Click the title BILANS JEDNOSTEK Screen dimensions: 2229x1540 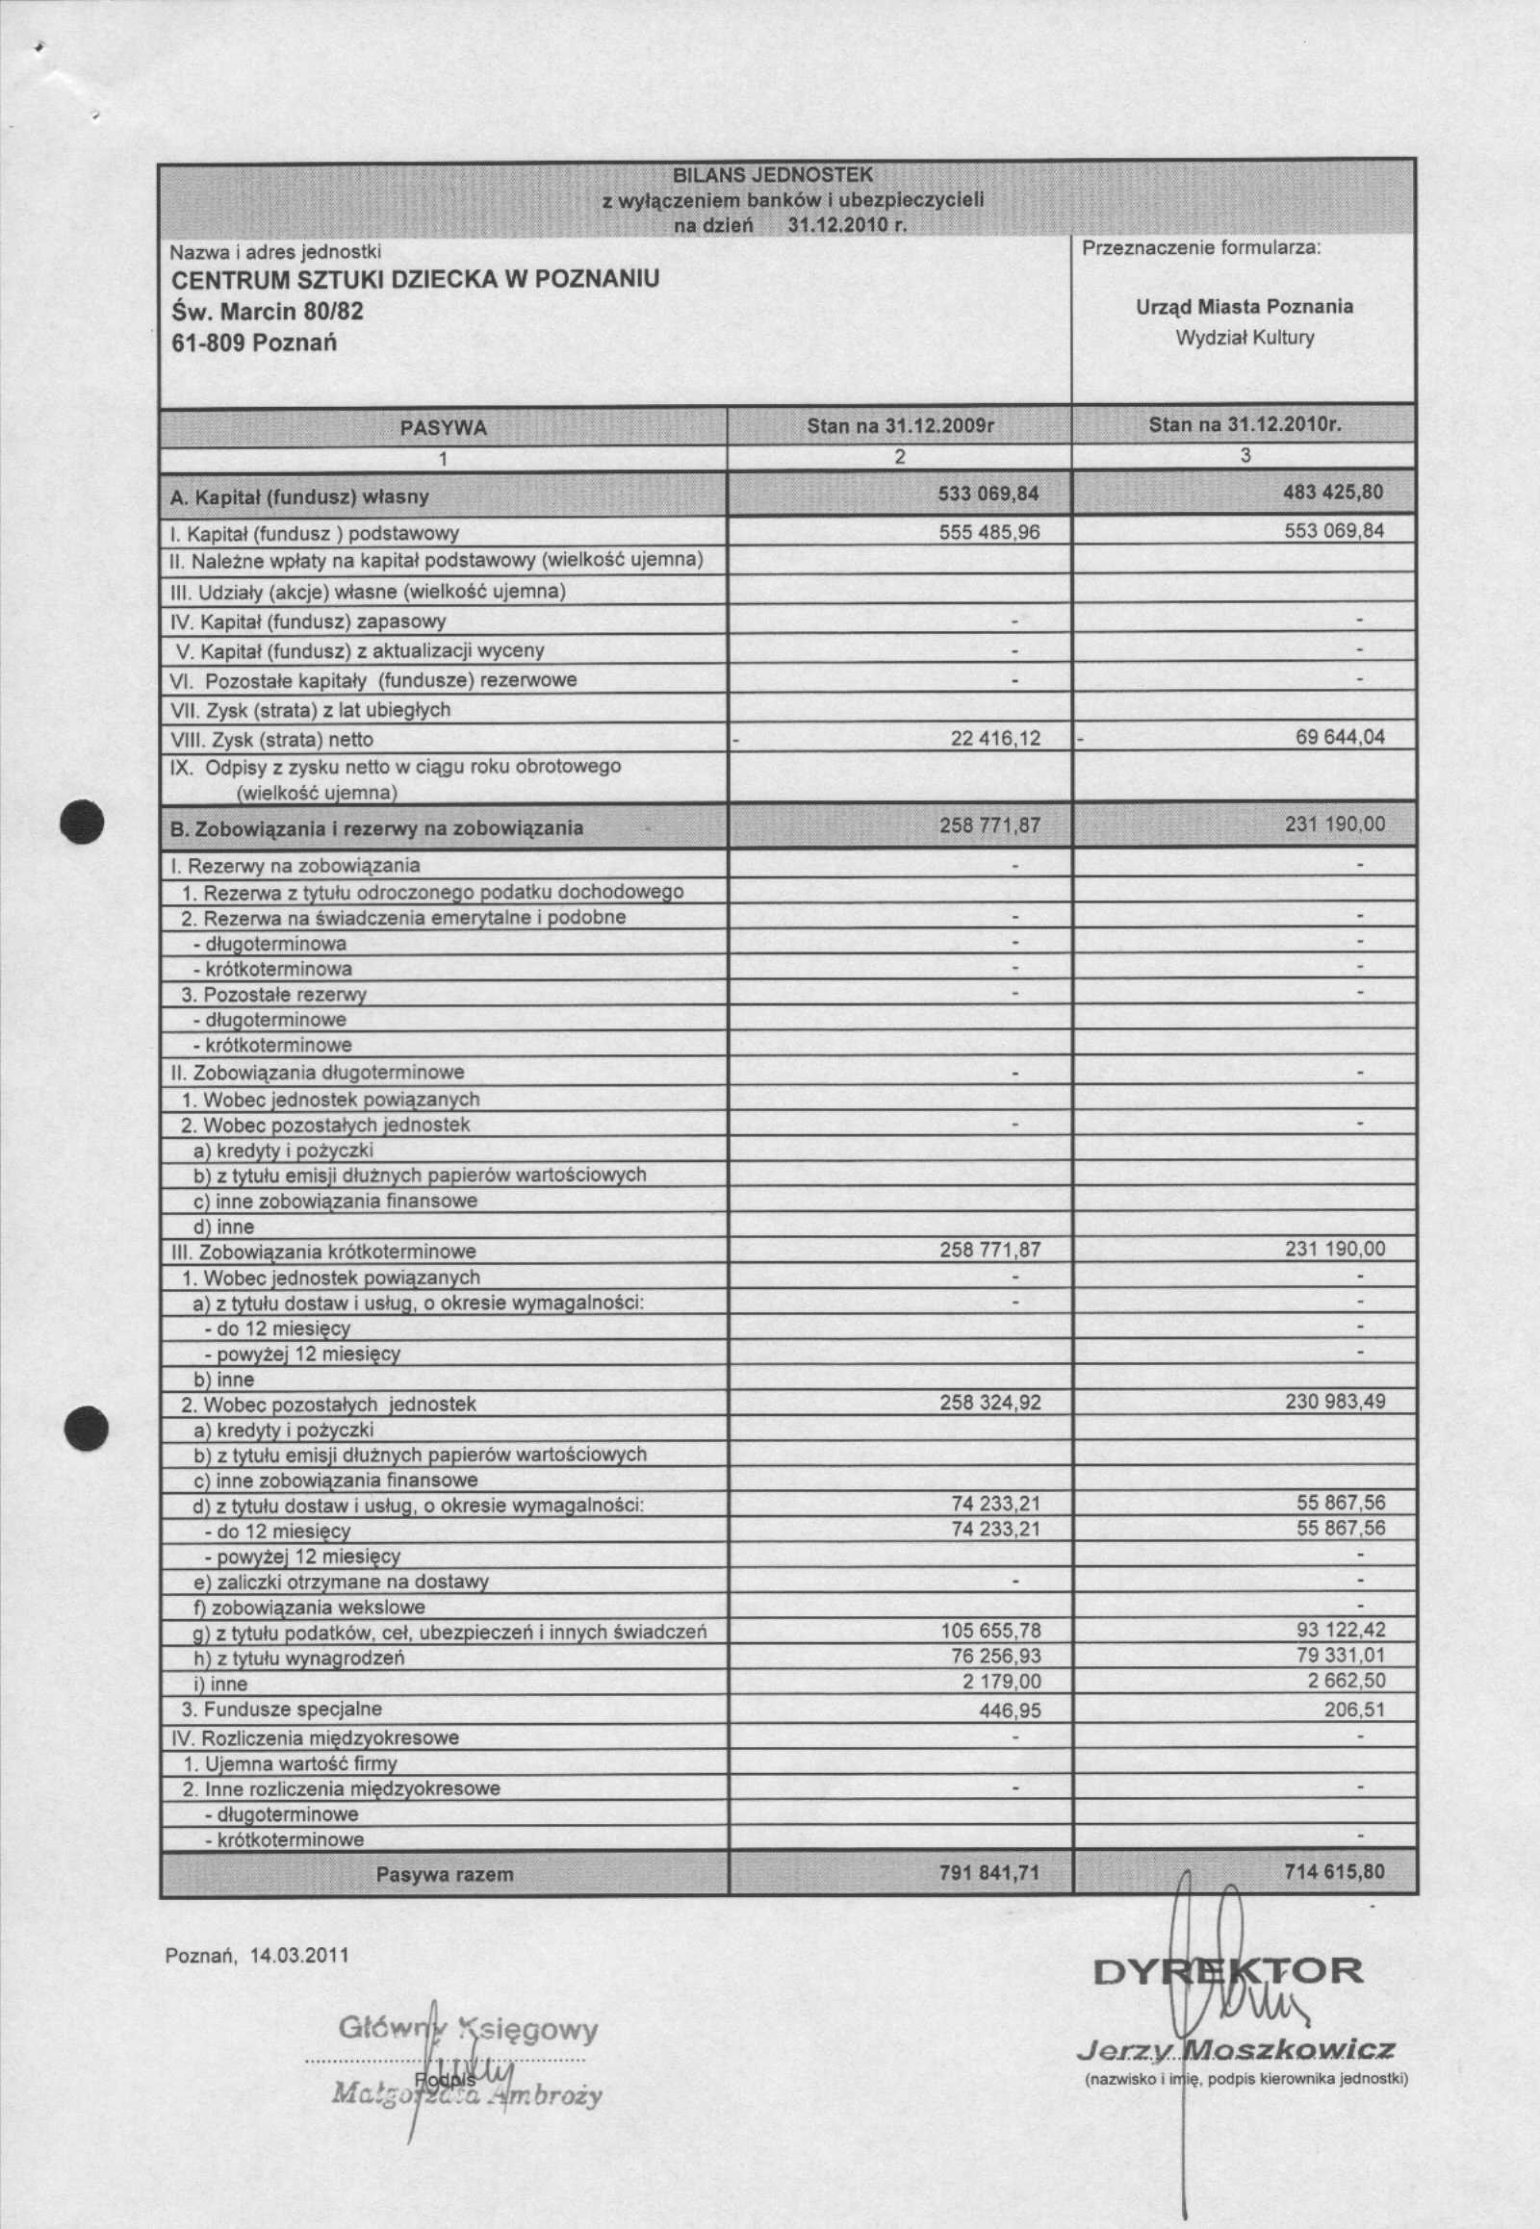772,174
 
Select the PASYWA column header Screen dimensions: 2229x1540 443,427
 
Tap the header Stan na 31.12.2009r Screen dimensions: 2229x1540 900,425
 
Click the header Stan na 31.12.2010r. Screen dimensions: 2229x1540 1245,425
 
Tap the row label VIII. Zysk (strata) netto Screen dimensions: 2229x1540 271,740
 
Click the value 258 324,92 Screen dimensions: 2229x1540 990,1404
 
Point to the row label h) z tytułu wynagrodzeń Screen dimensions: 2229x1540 298,1659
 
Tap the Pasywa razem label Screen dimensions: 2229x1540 444,1875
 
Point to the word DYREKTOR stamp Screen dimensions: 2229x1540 1228,1969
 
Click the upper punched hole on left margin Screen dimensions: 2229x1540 84,824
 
